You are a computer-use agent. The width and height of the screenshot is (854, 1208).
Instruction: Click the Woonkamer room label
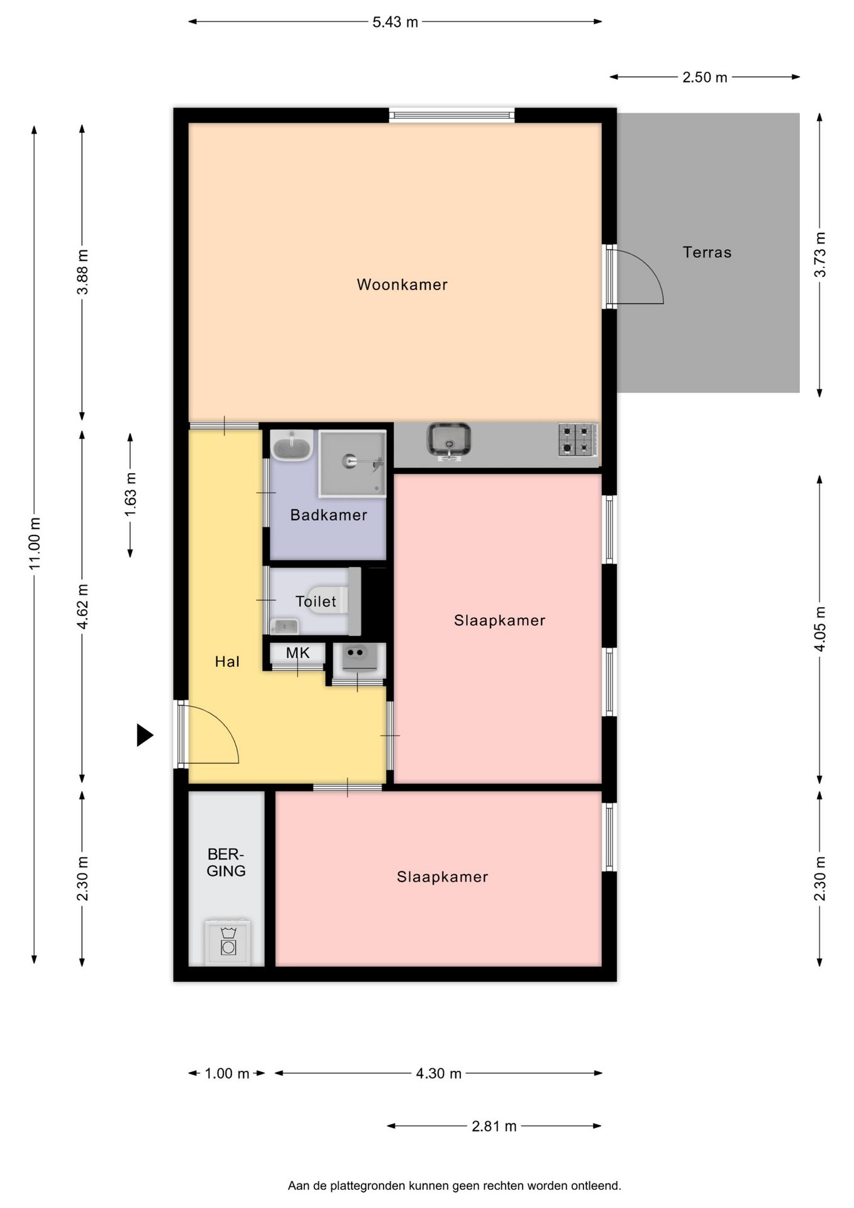402,284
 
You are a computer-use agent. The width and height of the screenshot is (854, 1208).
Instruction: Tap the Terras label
707,252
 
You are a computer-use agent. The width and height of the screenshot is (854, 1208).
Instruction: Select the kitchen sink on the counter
448,439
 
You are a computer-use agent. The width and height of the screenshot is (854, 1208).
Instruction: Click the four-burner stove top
577,439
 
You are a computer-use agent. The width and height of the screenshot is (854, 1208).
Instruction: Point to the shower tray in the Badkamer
352,463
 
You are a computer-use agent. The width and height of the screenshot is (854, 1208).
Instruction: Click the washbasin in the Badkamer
292,445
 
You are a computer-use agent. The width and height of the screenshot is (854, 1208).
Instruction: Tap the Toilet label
316,601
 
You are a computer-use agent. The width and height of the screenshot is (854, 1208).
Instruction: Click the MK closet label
297,653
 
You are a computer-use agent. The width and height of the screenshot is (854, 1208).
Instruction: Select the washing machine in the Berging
228,942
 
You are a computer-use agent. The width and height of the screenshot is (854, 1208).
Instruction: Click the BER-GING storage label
226,863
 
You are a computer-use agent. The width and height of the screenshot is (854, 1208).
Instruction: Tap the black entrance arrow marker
145,735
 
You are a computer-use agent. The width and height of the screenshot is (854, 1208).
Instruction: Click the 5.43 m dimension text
395,22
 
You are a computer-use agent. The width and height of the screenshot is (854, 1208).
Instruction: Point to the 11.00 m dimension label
35,543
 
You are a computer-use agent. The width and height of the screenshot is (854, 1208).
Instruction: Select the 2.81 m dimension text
494,1126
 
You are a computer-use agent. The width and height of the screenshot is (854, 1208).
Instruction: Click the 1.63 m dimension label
130,495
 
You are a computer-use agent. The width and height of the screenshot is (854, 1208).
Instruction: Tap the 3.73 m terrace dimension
819,255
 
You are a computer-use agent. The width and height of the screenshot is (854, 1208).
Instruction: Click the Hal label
227,661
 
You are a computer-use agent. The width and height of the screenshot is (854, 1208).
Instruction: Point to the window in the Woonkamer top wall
452,115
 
